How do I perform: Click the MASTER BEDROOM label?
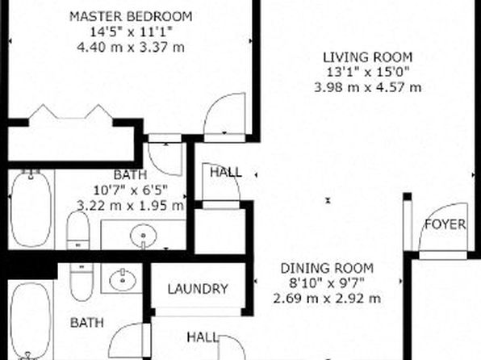[131, 17]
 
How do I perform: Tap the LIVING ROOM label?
[367, 57]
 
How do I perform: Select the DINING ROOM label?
[327, 268]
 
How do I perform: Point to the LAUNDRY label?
[198, 289]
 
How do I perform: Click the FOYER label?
[445, 224]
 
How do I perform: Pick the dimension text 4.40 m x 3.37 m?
[131, 48]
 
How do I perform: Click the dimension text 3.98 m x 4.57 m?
[367, 87]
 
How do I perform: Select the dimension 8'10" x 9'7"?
[327, 283]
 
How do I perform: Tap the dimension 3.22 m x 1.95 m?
[131, 205]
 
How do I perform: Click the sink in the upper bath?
[144, 236]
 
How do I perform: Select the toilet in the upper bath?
[78, 230]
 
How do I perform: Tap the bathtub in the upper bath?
[31, 210]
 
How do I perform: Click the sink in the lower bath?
[123, 278]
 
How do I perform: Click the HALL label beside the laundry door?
[203, 337]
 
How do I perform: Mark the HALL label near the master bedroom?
[226, 172]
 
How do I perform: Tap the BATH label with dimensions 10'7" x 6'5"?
[131, 175]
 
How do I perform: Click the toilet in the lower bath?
[81, 282]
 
